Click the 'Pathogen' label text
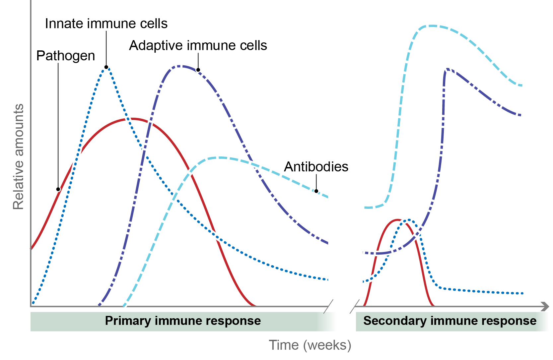click(65, 56)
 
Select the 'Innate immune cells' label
click(106, 24)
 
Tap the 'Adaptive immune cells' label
click(198, 46)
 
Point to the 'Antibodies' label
click(316, 167)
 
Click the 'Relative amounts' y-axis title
click(18, 157)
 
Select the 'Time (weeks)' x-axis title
click(310, 345)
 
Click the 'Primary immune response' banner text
click(183, 321)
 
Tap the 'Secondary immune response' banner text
click(449, 321)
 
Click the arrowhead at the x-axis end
click(545, 307)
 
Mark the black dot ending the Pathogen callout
click(58, 189)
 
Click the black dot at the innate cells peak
click(106, 67)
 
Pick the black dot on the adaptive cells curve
click(198, 70)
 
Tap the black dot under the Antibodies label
click(316, 191)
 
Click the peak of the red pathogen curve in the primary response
click(132, 118)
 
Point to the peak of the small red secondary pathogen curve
click(397, 219)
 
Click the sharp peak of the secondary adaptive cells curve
click(447, 69)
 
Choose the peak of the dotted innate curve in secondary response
click(409, 219)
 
